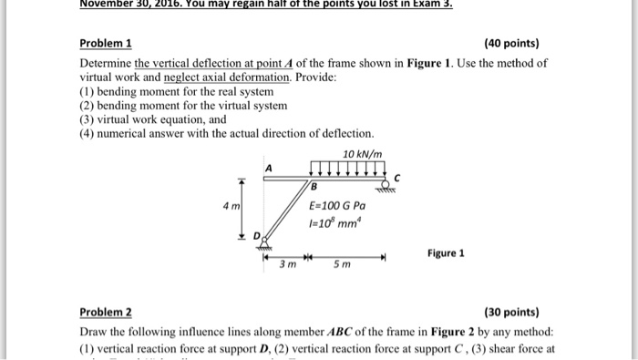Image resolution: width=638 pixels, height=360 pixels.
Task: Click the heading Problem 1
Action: pos(106,43)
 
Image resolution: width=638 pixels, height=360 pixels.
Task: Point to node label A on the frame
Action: pos(268,169)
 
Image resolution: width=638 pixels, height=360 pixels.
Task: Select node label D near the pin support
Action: pos(257,235)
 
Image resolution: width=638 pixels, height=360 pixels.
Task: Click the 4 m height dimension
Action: pos(232,207)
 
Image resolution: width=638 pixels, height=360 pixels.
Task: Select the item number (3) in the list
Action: pos(87,118)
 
